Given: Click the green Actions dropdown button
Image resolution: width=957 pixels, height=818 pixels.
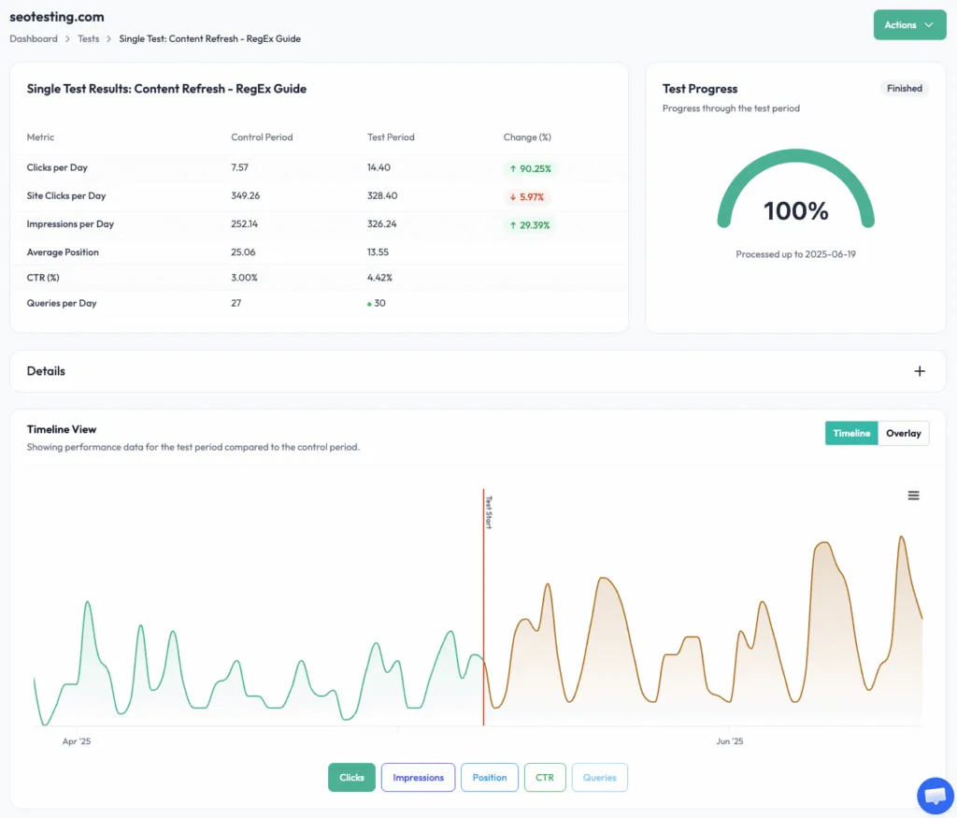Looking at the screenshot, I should [909, 25].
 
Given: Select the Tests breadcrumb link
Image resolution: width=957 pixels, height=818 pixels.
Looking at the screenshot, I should [89, 39].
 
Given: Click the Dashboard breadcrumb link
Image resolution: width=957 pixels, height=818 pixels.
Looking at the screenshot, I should [34, 39].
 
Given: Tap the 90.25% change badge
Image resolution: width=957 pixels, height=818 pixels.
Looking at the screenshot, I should [529, 169].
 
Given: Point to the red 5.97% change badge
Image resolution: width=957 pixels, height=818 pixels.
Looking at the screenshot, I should [528, 197].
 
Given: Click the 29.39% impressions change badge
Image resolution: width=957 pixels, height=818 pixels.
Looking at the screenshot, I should [529, 225].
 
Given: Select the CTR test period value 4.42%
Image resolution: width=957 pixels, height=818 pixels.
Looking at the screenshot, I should [380, 278].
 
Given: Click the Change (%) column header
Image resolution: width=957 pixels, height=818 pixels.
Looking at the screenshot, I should [527, 137].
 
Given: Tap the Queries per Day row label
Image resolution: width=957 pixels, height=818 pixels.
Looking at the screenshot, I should [62, 303].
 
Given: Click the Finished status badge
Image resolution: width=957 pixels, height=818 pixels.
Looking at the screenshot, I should [904, 89].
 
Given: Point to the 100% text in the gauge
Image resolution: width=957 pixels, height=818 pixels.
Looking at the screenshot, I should [796, 211].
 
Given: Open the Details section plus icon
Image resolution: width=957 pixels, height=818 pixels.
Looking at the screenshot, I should [920, 371].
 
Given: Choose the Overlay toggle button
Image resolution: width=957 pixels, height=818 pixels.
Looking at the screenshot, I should [904, 434].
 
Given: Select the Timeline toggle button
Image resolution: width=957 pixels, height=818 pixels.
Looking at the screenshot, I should [851, 434].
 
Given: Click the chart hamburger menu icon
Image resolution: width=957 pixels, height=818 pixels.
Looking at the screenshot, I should [913, 495].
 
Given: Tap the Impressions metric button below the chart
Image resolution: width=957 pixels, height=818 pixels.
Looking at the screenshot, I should [418, 778].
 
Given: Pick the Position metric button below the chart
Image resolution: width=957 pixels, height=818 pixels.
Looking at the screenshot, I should [490, 778].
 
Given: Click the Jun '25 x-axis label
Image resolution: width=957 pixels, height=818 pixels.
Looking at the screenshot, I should [730, 741].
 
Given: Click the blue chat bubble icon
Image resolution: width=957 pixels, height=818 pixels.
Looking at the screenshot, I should [935, 796].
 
